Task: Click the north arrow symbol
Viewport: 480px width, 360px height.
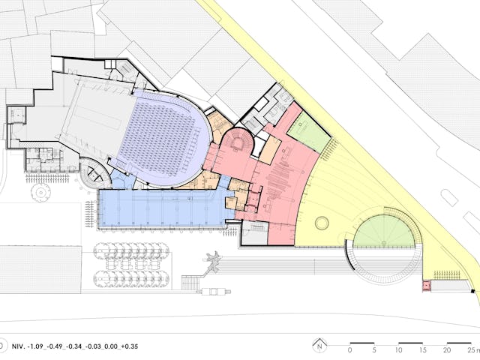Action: [319, 345]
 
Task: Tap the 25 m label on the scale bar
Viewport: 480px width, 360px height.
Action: [474, 349]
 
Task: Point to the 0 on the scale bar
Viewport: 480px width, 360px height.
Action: [350, 349]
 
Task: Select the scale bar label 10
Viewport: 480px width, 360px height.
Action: [398, 349]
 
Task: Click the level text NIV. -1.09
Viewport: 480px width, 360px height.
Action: [28, 346]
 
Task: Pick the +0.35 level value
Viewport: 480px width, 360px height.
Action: [129, 346]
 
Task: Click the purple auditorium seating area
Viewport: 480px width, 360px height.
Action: [162, 138]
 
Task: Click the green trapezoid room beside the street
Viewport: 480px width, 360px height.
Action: [309, 132]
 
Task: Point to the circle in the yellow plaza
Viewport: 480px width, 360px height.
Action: [322, 223]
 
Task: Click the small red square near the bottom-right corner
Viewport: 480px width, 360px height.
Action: [427, 286]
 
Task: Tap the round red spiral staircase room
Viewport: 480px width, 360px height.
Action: [238, 142]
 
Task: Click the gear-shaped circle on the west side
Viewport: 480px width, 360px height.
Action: [40, 193]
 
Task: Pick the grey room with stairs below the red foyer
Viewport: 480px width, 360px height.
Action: [255, 232]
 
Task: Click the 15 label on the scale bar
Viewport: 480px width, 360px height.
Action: [423, 349]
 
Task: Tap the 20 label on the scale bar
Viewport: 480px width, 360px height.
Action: [447, 349]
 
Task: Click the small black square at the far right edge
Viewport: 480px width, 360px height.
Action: [473, 291]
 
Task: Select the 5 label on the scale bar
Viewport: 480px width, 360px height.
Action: [374, 349]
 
